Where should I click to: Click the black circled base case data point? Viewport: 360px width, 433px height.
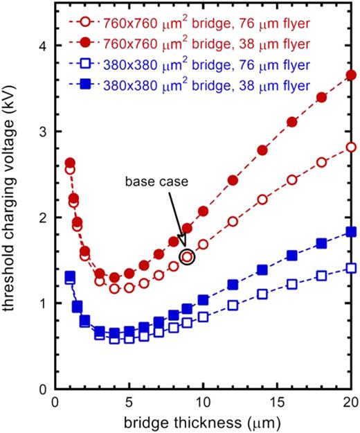187,257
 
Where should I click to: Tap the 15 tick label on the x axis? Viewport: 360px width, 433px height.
276,403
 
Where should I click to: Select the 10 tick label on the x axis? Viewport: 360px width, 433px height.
202,403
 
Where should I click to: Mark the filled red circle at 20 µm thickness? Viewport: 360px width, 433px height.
350,75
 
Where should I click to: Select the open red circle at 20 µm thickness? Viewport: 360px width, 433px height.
350,147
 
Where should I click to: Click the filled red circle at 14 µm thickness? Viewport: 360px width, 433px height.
262,150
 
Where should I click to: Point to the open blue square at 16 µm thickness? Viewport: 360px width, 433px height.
291,284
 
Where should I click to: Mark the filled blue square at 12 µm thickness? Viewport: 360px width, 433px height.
233,285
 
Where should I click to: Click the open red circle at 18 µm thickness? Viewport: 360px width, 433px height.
321,162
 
